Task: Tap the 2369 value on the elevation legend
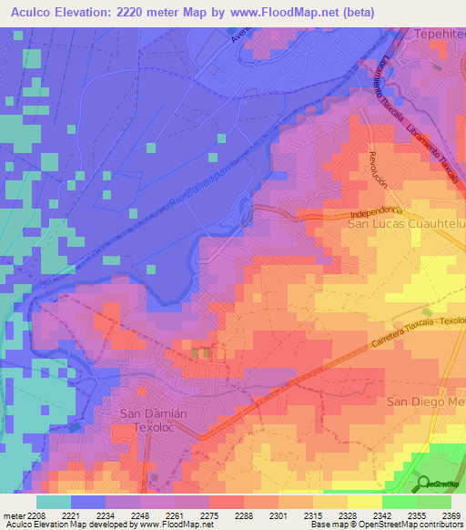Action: pos(451,515)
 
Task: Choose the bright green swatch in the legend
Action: pos(399,502)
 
